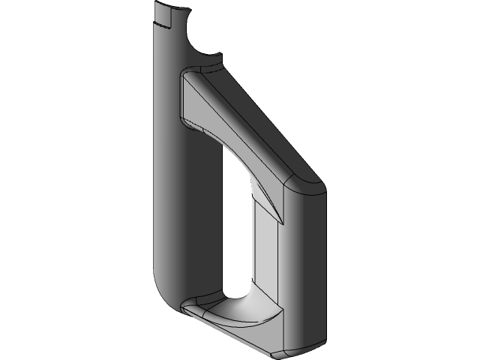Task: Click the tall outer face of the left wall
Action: (167, 150)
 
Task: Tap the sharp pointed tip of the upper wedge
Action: (283, 222)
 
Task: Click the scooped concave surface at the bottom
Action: (240, 311)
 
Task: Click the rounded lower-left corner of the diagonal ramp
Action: (187, 120)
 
